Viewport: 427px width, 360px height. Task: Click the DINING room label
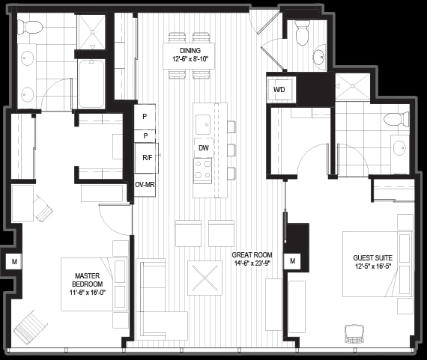pos(190,51)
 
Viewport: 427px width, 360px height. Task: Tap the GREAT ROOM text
pos(252,255)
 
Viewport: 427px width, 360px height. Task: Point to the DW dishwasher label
pos(204,147)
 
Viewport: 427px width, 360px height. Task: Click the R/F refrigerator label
pos(148,158)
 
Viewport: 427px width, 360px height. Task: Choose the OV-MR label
pos(145,185)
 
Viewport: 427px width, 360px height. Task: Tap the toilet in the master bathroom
pos(30,28)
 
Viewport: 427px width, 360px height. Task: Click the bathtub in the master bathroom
pos(91,84)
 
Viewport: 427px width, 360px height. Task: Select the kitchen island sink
pos(203,124)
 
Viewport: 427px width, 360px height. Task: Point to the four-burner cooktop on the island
pos(203,170)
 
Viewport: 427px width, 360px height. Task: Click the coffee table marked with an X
pos(205,278)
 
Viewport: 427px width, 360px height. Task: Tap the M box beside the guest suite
pos(292,261)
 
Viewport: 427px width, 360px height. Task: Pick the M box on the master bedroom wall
pos(14,262)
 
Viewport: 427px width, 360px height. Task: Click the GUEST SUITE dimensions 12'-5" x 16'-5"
pos(373,266)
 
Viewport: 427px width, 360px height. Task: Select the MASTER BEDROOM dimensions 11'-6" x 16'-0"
pos(87,293)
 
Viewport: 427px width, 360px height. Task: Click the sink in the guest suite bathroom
pos(400,147)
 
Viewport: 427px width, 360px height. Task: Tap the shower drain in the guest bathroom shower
pos(352,86)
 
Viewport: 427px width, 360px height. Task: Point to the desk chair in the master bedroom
pos(43,208)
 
